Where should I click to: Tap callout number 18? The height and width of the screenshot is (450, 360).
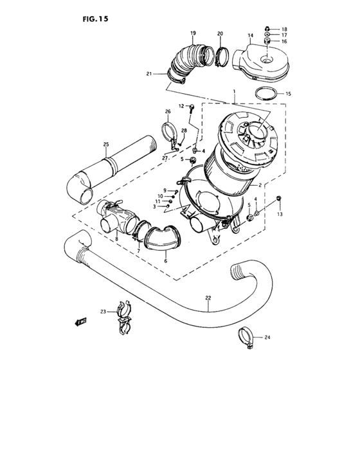point(283,29)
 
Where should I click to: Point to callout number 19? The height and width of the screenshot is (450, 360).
point(192,33)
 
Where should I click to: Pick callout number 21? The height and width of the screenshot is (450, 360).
point(148,74)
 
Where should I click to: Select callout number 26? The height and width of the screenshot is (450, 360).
point(168,112)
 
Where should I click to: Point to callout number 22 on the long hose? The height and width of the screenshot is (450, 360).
point(208,297)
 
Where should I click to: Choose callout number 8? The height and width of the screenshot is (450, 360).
point(116,239)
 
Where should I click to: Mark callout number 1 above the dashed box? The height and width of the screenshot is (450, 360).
point(235,94)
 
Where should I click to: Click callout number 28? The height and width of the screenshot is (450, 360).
point(183,130)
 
